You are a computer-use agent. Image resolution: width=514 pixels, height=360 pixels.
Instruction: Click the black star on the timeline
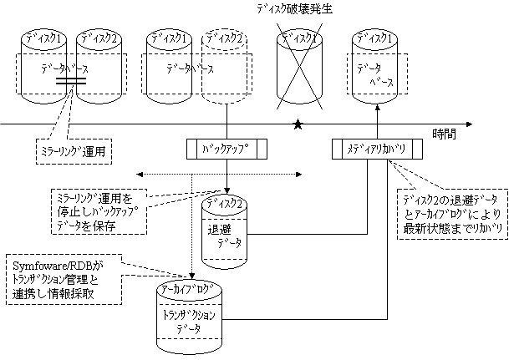coord(298,125)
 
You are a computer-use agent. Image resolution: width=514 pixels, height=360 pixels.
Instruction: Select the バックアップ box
coord(226,150)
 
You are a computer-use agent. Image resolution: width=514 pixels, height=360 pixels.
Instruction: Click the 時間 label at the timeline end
coord(445,134)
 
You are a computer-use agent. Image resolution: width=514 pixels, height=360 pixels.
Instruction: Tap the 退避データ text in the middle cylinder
coord(225,237)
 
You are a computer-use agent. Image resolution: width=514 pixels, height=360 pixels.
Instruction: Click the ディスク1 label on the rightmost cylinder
coord(373,38)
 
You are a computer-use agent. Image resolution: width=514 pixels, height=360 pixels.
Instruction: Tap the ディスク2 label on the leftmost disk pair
coord(97,38)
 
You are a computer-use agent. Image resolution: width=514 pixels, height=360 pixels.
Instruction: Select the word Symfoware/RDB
coord(43,265)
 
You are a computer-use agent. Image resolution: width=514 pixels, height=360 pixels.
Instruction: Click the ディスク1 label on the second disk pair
coord(168,38)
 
